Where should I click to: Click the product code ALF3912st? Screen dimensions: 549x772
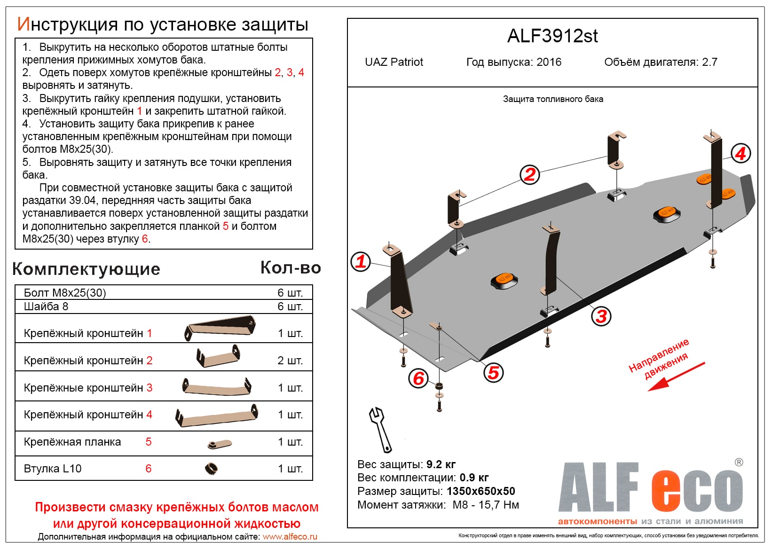[552, 36]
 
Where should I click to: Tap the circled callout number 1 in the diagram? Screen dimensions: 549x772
[361, 261]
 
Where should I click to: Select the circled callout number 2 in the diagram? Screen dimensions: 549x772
[530, 174]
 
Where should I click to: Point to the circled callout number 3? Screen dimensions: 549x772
[601, 316]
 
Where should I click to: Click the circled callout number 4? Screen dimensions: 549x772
[740, 153]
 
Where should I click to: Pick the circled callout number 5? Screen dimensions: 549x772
[493, 373]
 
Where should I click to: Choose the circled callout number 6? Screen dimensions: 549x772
[418, 378]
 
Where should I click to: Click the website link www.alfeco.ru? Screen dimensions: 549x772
[290, 537]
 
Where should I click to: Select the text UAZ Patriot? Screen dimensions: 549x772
[394, 62]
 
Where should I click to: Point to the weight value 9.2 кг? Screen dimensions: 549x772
[441, 464]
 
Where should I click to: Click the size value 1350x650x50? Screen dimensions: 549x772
[481, 491]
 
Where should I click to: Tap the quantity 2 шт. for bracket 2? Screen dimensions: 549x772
[290, 361]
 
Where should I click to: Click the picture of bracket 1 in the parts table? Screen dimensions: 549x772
[220, 327]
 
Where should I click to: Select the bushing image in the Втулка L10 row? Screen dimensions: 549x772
[211, 468]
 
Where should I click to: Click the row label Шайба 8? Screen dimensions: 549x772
[46, 306]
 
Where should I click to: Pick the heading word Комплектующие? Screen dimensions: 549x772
[87, 269]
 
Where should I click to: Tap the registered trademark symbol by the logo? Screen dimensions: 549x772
[739, 463]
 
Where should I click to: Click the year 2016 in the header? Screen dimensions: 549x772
[549, 62]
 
